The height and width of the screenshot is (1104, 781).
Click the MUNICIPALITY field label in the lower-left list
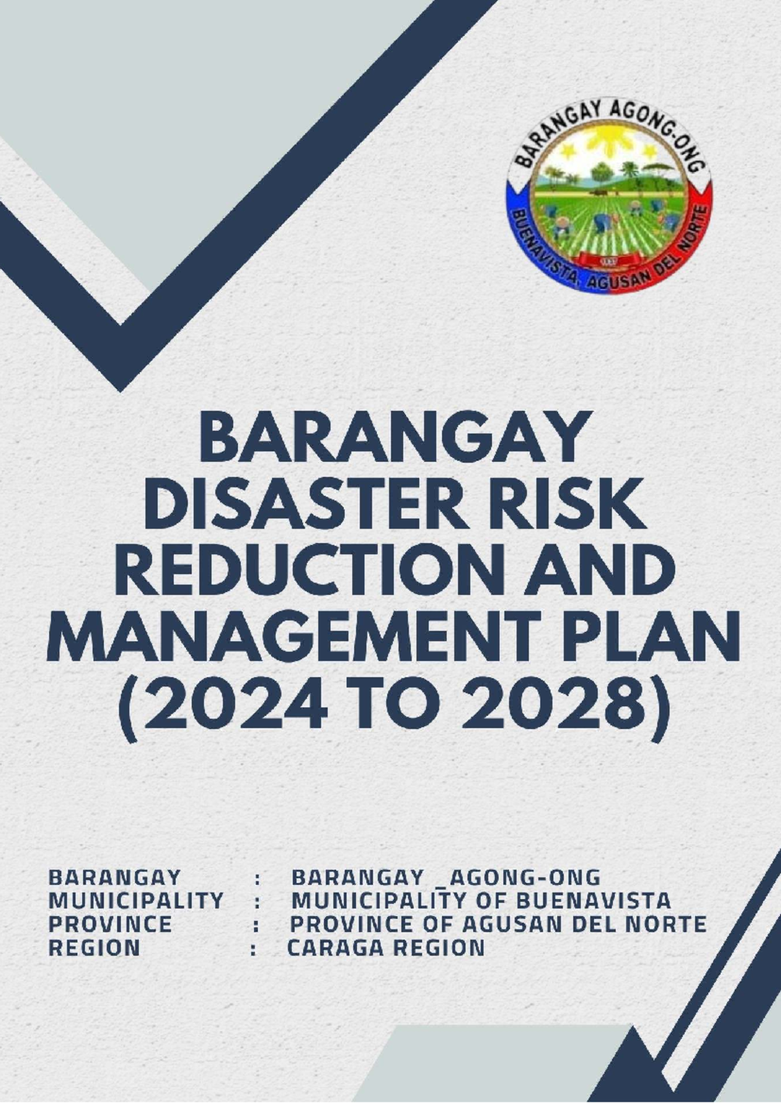tap(136, 901)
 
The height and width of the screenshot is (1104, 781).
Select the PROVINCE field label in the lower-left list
tap(110, 924)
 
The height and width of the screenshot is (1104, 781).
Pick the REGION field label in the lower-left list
tap(94, 948)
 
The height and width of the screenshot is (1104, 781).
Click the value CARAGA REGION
tap(386, 948)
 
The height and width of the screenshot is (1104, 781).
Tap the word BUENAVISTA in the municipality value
tap(593, 901)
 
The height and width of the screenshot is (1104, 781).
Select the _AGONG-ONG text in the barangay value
tap(521, 877)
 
